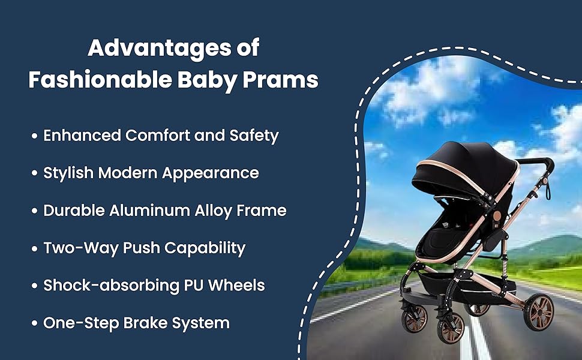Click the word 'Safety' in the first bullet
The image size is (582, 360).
click(x=254, y=136)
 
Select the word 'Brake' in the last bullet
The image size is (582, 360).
click(x=147, y=323)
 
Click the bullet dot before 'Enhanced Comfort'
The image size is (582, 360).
click(x=35, y=136)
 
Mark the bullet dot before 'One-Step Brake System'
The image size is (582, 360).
click(x=35, y=323)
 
